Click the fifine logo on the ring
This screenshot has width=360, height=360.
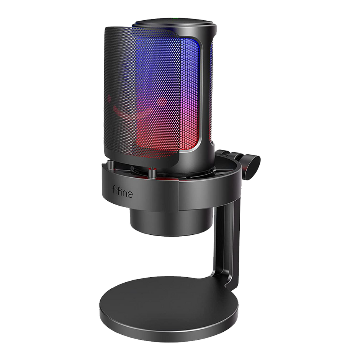(x=123, y=191)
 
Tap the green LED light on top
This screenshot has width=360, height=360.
(x=175, y=18)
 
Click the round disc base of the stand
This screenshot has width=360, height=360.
(x=169, y=308)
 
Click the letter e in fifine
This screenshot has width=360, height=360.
(x=129, y=195)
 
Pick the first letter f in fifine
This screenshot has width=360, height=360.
(x=114, y=190)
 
